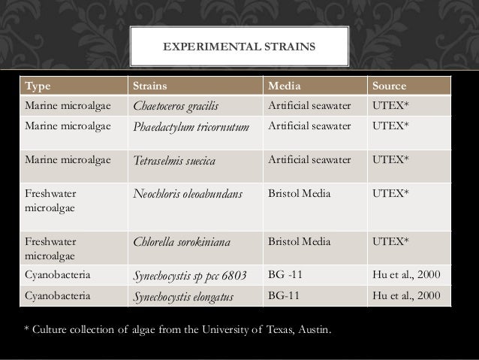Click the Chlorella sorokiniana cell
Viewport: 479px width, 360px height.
tap(182, 241)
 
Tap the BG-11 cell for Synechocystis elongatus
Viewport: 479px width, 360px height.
tap(283, 296)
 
